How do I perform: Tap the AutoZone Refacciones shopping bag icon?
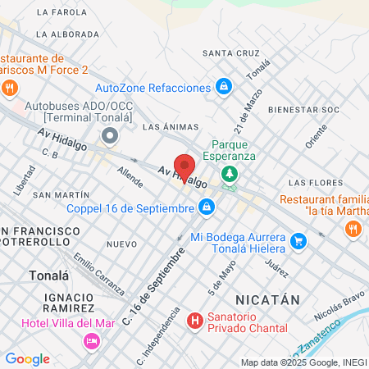tap(223, 87)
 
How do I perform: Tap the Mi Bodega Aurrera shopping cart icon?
tap(298, 241)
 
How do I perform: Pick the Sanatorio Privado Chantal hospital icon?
tap(194, 320)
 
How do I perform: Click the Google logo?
tap(27, 358)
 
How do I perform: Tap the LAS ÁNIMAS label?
tap(166, 127)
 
